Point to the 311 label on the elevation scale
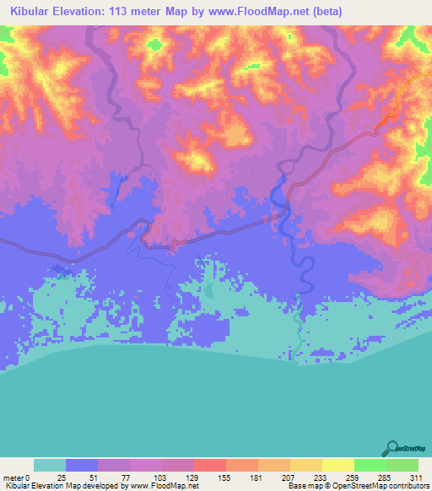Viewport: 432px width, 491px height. coord(415,478)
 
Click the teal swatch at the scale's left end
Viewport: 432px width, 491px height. coord(50,465)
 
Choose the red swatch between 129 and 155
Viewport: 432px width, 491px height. coord(209,465)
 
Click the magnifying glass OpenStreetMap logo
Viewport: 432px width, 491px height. coord(391,449)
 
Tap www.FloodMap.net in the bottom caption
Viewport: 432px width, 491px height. coord(163,486)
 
